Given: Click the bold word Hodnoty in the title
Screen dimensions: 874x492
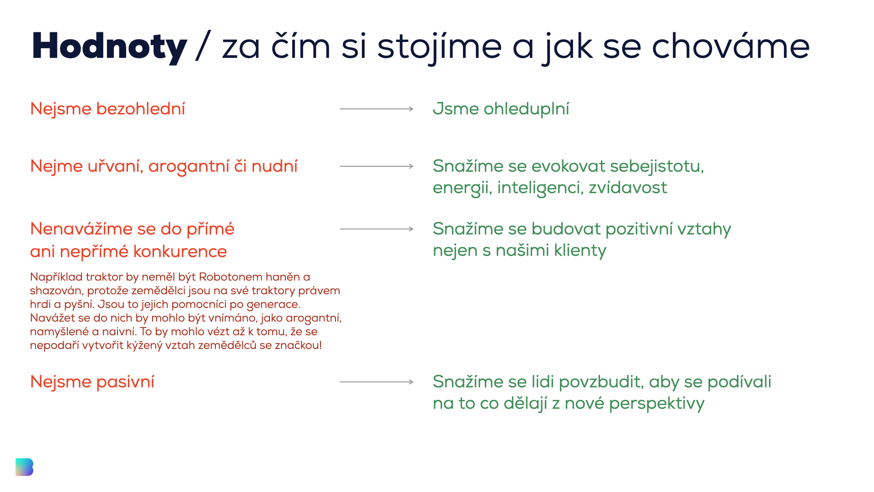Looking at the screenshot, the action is (109, 47).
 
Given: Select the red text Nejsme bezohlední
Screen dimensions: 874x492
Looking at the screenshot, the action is (107, 109).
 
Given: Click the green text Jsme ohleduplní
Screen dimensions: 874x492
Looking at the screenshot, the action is (501, 109).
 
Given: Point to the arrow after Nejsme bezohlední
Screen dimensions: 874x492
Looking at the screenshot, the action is (376, 109).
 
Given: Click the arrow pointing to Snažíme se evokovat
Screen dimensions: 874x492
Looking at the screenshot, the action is (376, 166).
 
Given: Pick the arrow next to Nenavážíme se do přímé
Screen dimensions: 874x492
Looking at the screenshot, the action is (376, 229).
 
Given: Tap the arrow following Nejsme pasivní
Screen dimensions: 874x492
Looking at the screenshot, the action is (376, 382).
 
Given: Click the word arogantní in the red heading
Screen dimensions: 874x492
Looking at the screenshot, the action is (189, 167).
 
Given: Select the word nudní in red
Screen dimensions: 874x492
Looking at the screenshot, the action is (274, 166).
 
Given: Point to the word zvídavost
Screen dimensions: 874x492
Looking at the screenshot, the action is (628, 187).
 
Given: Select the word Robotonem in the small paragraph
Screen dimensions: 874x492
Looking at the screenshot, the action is (231, 277).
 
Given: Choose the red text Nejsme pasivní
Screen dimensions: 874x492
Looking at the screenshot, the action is (92, 382).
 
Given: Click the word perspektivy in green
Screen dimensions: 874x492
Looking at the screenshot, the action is (657, 404).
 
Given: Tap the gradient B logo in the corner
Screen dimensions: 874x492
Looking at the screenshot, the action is (24, 467).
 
